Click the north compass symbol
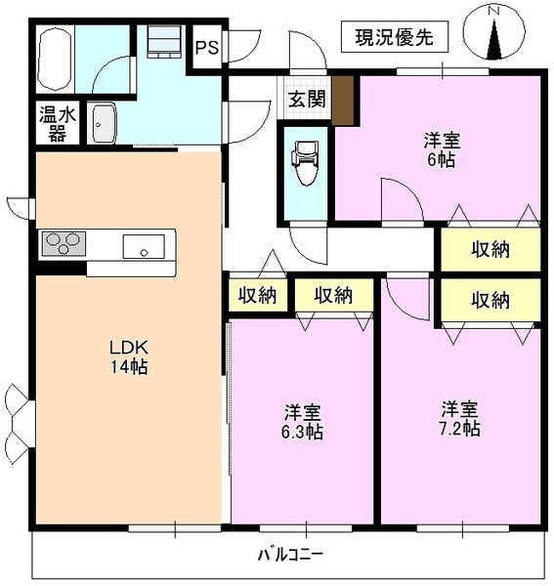coord(494,32)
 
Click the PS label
coord(207,46)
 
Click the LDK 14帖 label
coord(127,357)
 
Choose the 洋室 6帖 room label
coord(438,149)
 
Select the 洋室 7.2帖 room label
coord(458,417)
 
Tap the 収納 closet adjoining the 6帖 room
coord(489,249)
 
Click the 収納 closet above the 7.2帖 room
coord(489,301)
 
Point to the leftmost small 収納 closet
coord(258,295)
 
